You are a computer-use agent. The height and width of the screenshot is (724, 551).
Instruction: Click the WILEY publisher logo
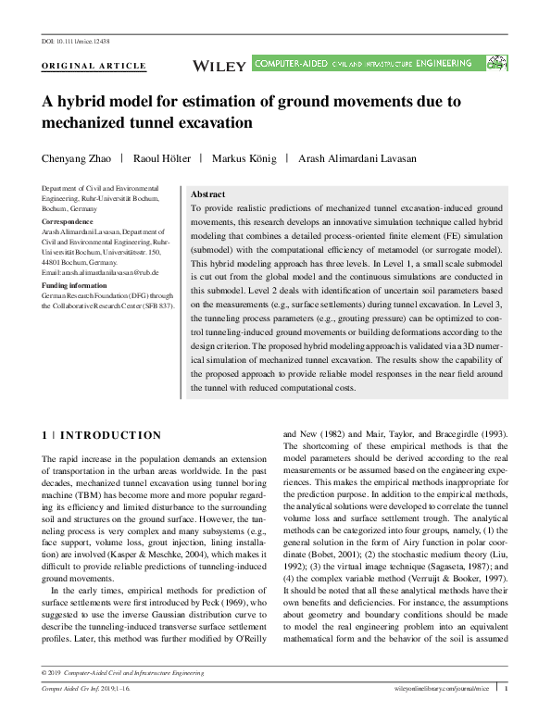(x=219, y=65)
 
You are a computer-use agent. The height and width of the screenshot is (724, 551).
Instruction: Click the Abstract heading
(x=207, y=195)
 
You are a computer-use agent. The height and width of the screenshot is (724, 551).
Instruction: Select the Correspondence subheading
(x=68, y=223)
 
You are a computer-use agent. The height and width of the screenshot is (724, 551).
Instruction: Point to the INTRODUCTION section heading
(x=110, y=434)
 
